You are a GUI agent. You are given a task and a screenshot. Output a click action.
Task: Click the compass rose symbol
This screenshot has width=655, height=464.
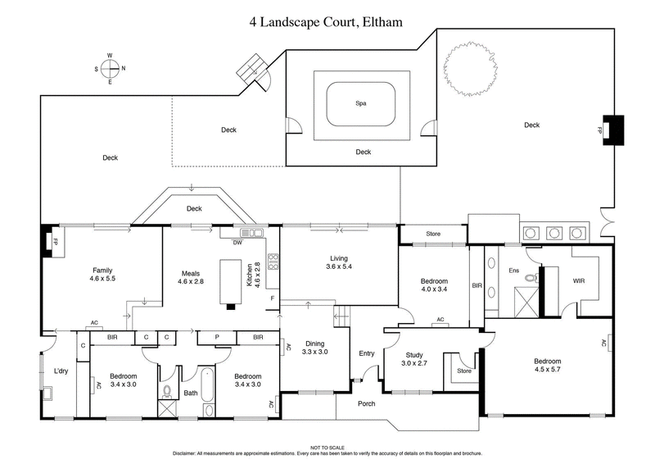(x=111, y=70)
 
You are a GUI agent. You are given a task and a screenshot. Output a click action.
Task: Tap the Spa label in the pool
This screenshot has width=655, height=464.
(x=360, y=104)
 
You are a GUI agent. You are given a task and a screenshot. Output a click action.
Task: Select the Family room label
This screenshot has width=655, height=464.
(x=102, y=275)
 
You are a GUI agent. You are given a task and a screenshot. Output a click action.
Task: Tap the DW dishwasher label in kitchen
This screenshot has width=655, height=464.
(x=237, y=243)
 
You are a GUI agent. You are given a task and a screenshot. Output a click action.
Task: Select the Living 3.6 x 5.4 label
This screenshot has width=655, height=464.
(x=339, y=262)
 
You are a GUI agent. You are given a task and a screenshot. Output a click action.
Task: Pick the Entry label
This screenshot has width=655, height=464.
(x=366, y=353)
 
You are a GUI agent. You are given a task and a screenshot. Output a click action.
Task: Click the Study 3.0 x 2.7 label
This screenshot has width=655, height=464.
(x=413, y=358)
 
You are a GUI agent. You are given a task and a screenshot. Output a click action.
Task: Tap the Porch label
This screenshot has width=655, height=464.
(x=367, y=403)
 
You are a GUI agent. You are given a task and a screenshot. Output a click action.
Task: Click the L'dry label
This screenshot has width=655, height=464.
(x=61, y=371)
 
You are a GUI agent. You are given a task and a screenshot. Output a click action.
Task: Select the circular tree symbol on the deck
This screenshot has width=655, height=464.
(x=469, y=71)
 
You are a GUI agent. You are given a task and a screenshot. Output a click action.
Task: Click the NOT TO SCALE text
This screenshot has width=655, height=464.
(x=327, y=448)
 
